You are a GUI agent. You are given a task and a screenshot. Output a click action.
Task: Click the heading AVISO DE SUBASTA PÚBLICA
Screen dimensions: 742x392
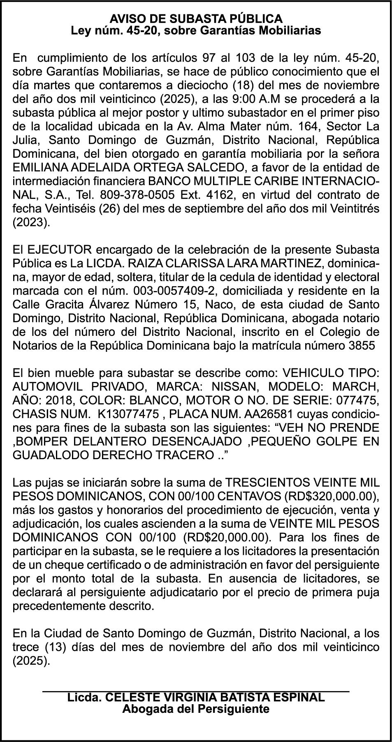[196, 18]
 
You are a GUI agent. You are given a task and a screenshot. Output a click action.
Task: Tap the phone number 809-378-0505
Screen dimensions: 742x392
[135, 195]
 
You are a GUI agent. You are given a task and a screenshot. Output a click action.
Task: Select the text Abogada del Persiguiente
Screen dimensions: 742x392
[196, 709]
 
